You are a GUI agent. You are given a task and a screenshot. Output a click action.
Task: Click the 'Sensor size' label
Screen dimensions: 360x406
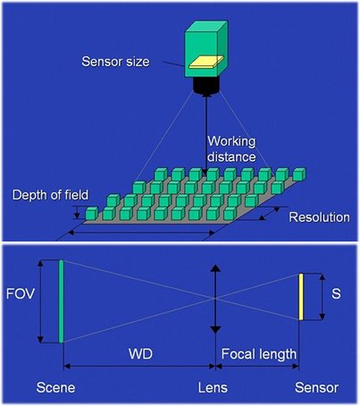115,62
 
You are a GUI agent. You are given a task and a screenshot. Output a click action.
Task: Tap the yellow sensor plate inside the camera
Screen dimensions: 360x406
206,62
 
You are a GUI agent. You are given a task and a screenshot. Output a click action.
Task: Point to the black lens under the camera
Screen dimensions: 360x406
206,87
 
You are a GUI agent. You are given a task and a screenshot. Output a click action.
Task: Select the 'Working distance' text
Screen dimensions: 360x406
231,148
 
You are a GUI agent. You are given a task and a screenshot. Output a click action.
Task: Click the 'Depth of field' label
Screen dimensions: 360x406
50,195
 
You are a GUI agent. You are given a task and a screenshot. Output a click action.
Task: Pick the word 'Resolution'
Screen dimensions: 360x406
319,217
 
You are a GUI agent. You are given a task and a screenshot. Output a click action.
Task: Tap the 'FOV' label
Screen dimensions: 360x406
21,294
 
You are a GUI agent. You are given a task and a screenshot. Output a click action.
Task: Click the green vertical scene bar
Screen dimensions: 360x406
61,301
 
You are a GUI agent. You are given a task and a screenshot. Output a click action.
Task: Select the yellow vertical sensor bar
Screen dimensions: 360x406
301,297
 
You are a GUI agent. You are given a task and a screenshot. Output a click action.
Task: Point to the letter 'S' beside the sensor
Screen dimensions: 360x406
336,293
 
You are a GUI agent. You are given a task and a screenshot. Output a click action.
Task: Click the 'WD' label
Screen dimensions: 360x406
140,354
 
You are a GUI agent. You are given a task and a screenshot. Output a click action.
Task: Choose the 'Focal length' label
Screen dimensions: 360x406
259,354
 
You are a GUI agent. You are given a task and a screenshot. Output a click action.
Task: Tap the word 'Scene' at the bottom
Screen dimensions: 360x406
55,388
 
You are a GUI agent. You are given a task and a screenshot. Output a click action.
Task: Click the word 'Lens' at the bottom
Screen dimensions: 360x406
213,388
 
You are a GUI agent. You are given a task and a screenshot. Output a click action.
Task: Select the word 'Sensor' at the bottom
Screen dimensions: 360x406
316,388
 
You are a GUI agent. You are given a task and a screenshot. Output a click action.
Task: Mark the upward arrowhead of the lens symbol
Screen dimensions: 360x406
215,268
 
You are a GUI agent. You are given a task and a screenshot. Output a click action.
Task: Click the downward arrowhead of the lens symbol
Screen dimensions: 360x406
215,330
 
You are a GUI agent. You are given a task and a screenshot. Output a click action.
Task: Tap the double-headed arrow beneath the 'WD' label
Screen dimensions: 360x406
139,366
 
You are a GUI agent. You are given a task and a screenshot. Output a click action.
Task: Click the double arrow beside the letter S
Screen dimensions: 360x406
322,297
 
